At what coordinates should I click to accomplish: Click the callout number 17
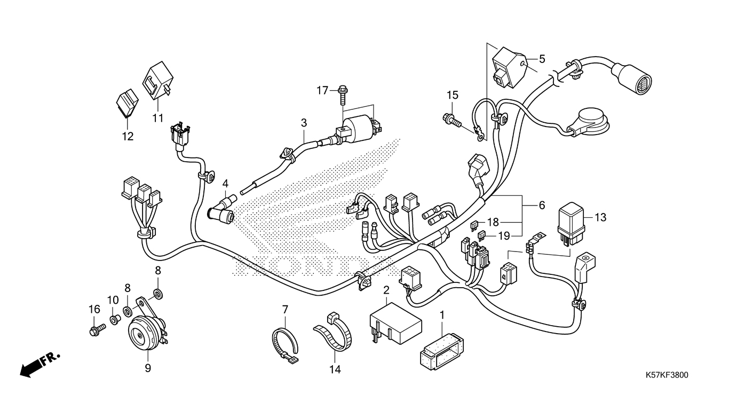[322, 90]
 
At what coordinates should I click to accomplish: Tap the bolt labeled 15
[452, 120]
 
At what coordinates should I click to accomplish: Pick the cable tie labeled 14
[332, 332]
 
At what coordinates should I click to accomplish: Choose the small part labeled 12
[127, 103]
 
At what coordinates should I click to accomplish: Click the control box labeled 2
[396, 324]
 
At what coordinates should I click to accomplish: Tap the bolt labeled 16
[97, 329]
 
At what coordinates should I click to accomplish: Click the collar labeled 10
[114, 320]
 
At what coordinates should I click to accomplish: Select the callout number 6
[542, 206]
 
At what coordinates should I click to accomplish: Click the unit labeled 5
[510, 67]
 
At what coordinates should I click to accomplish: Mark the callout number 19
[504, 236]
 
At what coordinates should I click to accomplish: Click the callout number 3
[304, 123]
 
